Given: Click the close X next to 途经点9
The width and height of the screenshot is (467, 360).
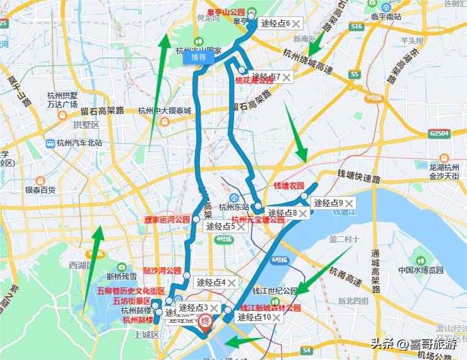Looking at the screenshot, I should [x=349, y=203].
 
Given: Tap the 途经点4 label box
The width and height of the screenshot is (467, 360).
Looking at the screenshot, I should [x=211, y=282].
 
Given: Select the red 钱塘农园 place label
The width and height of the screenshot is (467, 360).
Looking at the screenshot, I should [x=288, y=186].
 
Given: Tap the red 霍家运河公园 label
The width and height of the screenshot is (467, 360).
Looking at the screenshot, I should [x=167, y=220].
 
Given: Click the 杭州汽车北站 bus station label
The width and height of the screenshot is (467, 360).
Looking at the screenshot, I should [x=73, y=143].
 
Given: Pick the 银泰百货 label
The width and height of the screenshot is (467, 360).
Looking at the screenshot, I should [x=40, y=189].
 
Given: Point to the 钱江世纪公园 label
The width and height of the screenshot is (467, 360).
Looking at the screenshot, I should [x=275, y=291].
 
